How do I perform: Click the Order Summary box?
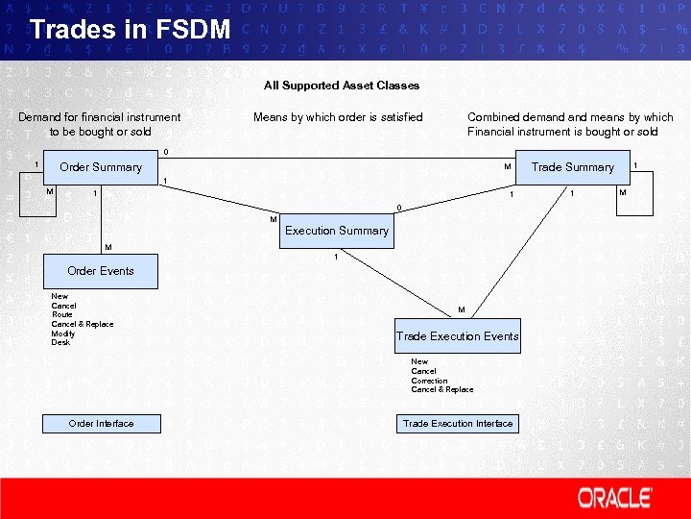pyautogui.click(x=101, y=166)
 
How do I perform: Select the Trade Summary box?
pyautogui.click(x=573, y=166)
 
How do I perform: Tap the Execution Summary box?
pyautogui.click(x=337, y=231)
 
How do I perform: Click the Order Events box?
pyautogui.click(x=101, y=270)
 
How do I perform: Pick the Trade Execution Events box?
pyautogui.click(x=458, y=335)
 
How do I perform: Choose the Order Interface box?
pyautogui.click(x=101, y=423)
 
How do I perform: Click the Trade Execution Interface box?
pyautogui.click(x=458, y=423)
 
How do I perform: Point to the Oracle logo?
pyautogui.click(x=614, y=498)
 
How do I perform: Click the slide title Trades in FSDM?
pyautogui.click(x=130, y=30)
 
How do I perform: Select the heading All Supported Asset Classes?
pyautogui.click(x=342, y=86)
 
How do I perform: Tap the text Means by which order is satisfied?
pyautogui.click(x=338, y=117)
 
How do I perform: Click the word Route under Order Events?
pyautogui.click(x=62, y=314)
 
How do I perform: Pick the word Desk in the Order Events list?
pyautogui.click(x=60, y=342)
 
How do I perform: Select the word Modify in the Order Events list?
pyautogui.click(x=63, y=334)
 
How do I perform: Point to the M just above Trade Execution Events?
pyautogui.click(x=462, y=309)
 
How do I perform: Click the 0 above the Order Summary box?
pyautogui.click(x=165, y=152)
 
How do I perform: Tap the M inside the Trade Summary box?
pyautogui.click(x=508, y=166)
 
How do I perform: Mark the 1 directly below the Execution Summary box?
pyautogui.click(x=336, y=257)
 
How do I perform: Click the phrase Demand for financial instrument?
pyautogui.click(x=100, y=117)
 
